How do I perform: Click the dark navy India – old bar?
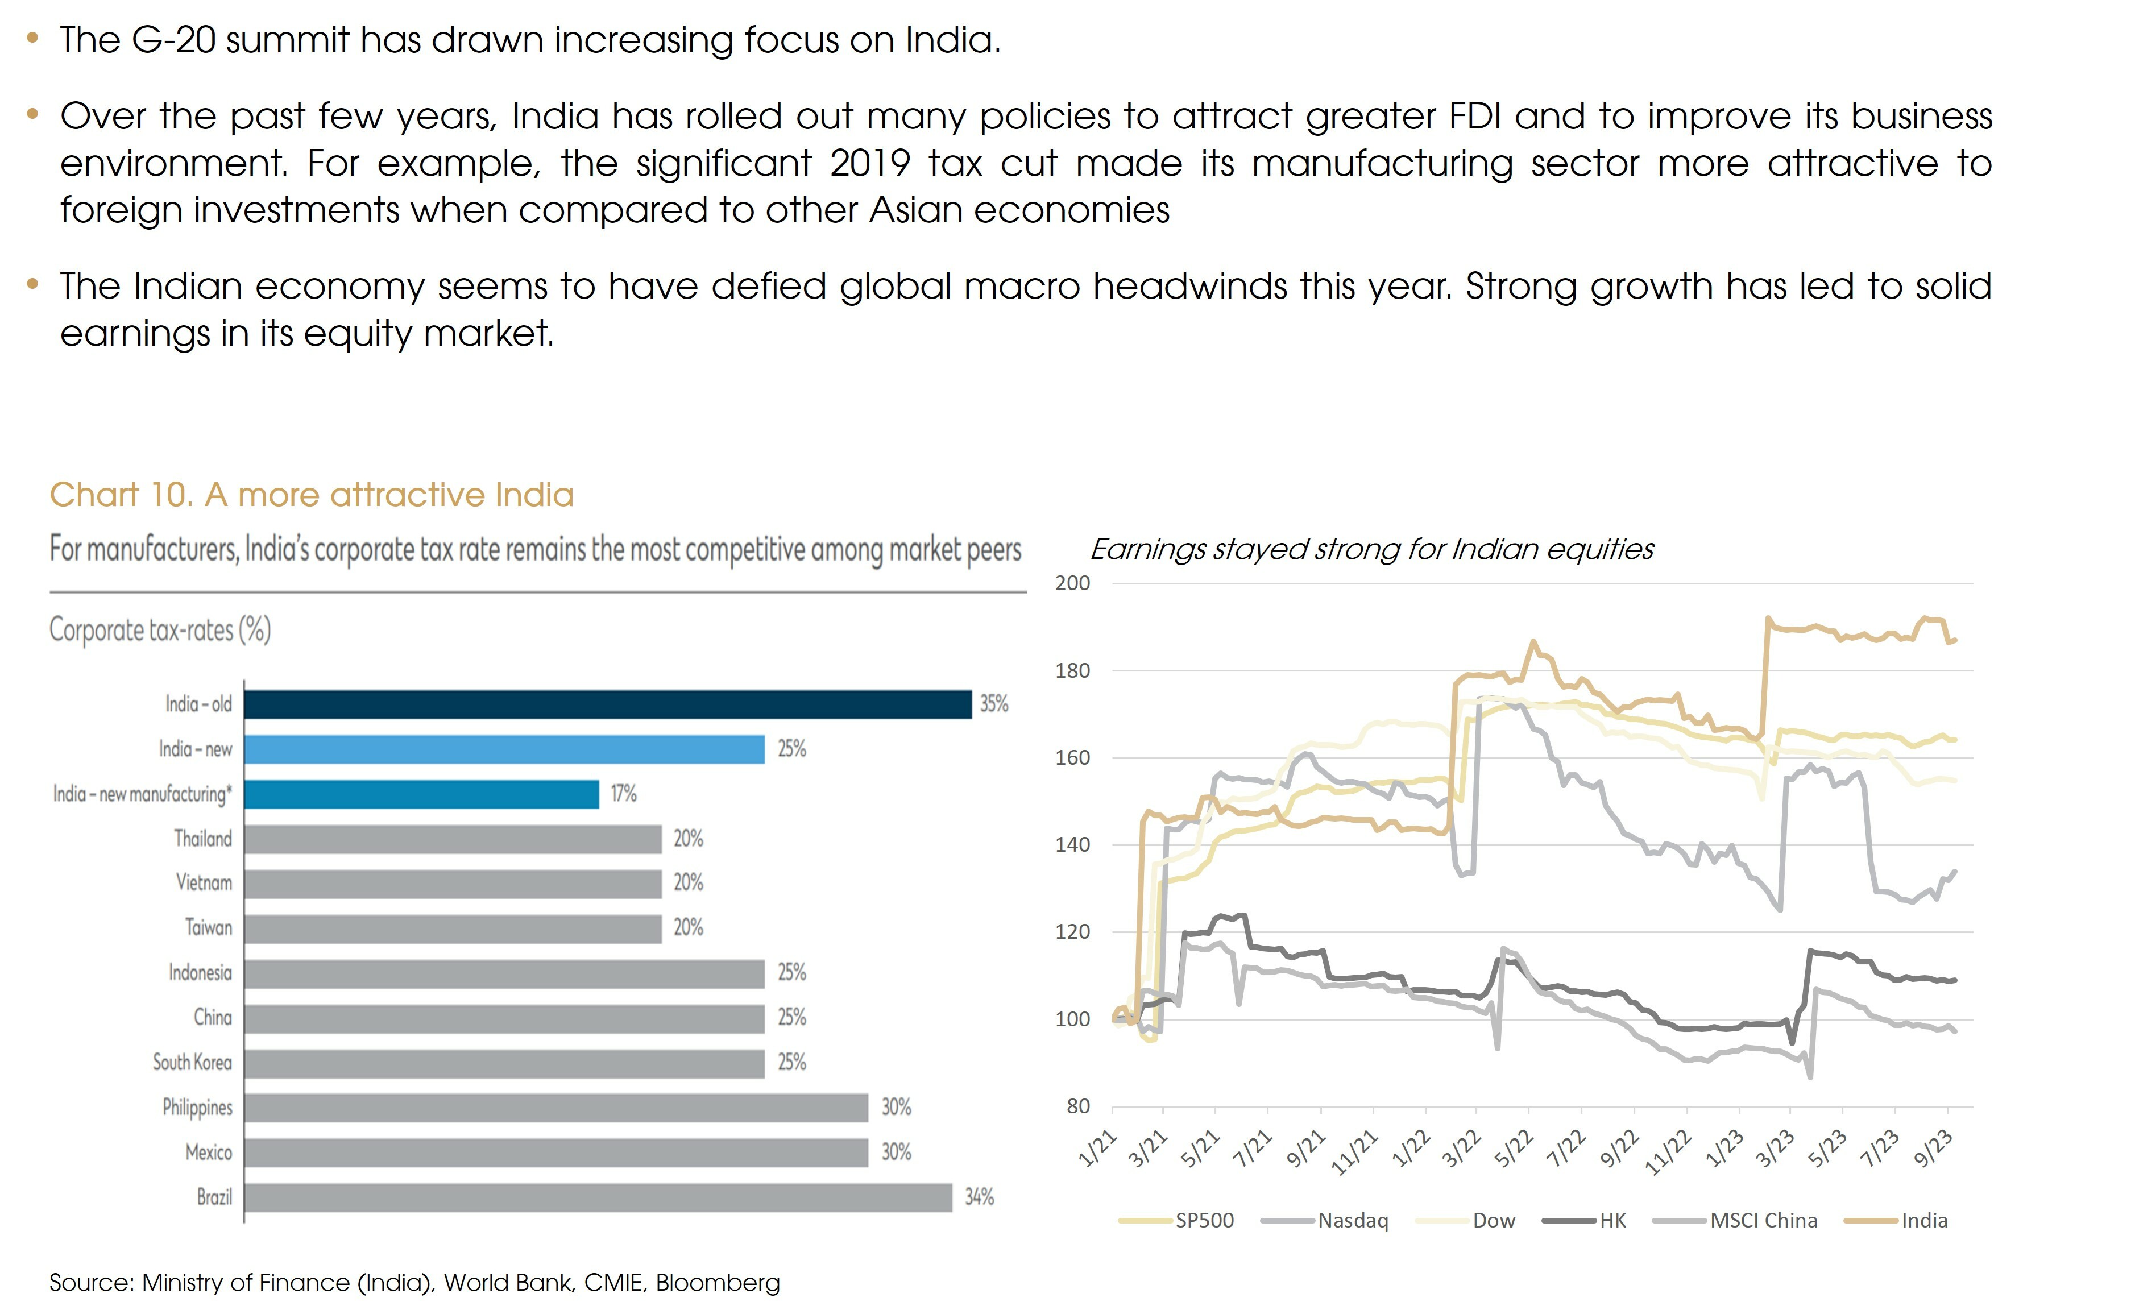pos(607,704)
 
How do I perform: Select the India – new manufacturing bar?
pos(421,794)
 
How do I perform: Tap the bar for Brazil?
pos(598,1197)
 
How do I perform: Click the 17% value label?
pos(624,794)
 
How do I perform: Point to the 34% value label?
pos(979,1197)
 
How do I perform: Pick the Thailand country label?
pos(203,839)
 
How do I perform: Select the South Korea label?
pos(192,1062)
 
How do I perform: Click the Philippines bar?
pos(555,1107)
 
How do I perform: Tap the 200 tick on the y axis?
pos(1072,584)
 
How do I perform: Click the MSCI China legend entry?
pos(1763,1221)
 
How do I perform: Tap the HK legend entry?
pos(1612,1221)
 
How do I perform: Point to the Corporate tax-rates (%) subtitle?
pos(160,630)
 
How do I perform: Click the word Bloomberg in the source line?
pos(718,1282)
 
